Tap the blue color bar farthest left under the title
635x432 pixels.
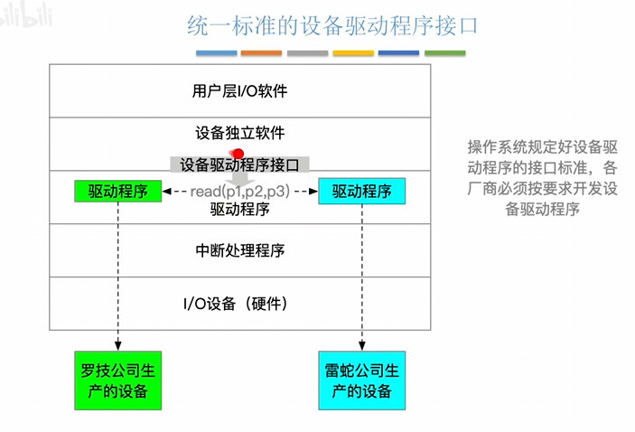pyautogui.click(x=216, y=53)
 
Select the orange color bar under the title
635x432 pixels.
pyautogui.click(x=261, y=53)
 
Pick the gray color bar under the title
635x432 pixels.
pyautogui.click(x=307, y=53)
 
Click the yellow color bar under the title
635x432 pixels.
pyautogui.click(x=353, y=53)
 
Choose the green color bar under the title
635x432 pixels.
pyautogui.click(x=444, y=53)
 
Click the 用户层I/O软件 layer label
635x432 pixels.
pyautogui.click(x=240, y=91)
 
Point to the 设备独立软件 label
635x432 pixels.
pyautogui.click(x=240, y=133)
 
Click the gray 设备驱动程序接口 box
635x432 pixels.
pyautogui.click(x=239, y=164)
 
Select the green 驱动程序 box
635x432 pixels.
pyautogui.click(x=117, y=192)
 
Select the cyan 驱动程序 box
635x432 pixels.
pyautogui.click(x=362, y=192)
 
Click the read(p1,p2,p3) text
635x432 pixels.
pyautogui.click(x=239, y=192)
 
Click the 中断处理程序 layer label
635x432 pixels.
pyautogui.click(x=240, y=250)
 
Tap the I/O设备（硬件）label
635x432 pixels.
pyautogui.click(x=240, y=302)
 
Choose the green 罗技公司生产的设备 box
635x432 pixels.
pyautogui.click(x=117, y=380)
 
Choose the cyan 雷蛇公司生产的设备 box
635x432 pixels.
pyautogui.click(x=362, y=380)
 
